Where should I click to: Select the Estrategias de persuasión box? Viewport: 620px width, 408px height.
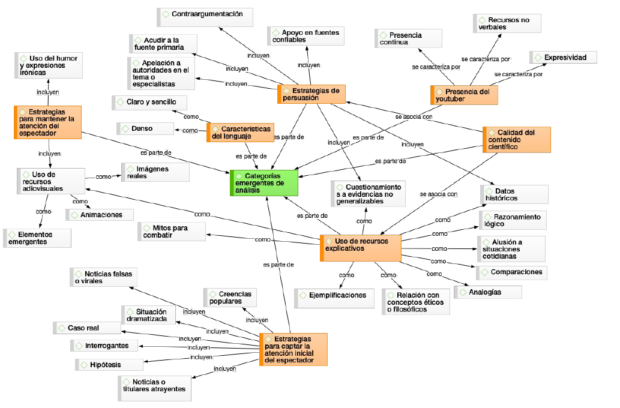click(x=311, y=94)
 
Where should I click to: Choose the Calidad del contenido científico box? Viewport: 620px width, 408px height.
click(x=516, y=139)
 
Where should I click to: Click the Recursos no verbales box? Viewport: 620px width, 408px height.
click(x=507, y=23)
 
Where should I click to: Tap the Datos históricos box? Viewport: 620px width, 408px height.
click(x=514, y=194)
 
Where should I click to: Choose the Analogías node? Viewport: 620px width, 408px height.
click(x=487, y=292)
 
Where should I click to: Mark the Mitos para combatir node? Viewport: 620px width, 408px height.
click(x=171, y=231)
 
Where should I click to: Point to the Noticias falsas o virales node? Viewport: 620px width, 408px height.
click(x=103, y=277)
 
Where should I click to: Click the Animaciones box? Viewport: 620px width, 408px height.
click(x=99, y=215)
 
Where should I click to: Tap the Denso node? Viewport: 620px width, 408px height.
click(x=143, y=128)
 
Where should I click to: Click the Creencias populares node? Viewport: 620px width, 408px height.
click(x=230, y=298)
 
